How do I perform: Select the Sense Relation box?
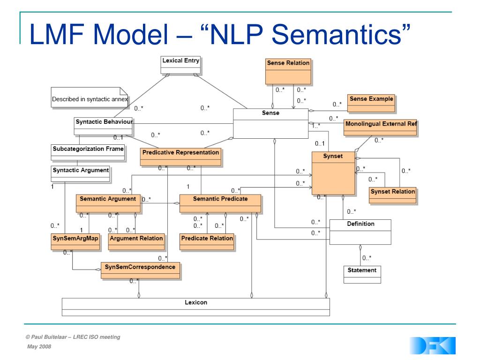coord(288,70)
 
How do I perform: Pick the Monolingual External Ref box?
coord(380,127)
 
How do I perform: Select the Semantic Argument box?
coord(107,203)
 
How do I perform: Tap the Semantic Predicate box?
coord(220,203)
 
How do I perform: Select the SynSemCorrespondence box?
coord(140,270)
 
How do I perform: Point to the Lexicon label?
coord(196,302)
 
